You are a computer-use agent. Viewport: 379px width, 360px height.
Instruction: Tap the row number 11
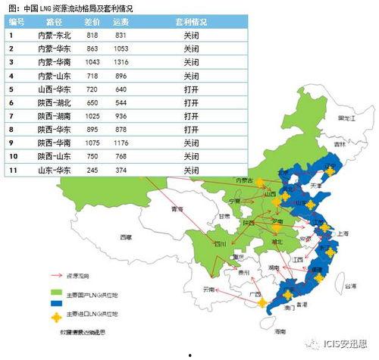(x=13, y=170)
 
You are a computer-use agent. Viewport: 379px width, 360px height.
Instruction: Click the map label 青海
(x=177, y=209)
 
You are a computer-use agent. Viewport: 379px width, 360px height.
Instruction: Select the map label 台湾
(x=349, y=286)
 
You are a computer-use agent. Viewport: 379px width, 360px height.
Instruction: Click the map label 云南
(x=208, y=290)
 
